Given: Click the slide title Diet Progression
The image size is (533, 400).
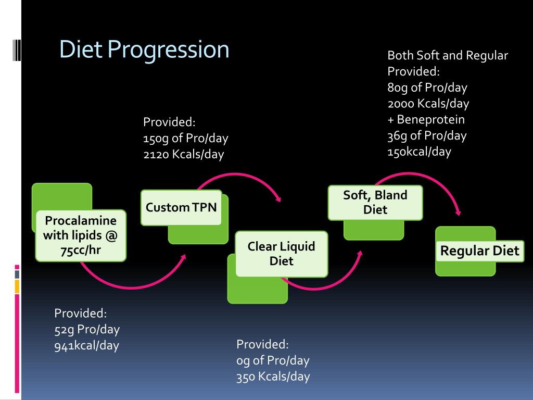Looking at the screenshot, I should click(x=144, y=50).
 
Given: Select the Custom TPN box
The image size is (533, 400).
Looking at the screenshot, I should click(x=181, y=207).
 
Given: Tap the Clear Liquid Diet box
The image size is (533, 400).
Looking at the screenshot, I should click(x=281, y=254).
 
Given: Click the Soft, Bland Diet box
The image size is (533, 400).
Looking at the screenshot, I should click(x=375, y=202).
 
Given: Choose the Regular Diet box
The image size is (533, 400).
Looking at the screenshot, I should click(x=479, y=251).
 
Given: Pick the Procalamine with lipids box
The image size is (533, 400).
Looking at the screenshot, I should click(x=80, y=235).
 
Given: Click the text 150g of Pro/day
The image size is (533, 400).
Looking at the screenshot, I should click(x=186, y=139).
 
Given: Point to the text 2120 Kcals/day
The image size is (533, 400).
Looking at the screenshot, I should click(x=183, y=155).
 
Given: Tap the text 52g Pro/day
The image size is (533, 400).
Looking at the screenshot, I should click(x=87, y=330).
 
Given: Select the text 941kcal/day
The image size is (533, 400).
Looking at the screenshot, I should click(x=86, y=346).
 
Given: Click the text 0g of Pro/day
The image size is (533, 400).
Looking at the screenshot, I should click(x=273, y=360).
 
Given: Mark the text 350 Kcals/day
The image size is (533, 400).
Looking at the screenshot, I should click(x=273, y=377).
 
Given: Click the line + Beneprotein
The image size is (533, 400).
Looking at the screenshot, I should click(x=426, y=119).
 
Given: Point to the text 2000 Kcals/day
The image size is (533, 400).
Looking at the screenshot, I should click(x=428, y=103).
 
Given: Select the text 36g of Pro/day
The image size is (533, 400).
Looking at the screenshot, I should click(x=427, y=135).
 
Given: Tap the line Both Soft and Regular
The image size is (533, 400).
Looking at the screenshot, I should click(x=448, y=55).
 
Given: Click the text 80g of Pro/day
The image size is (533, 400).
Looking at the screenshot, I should click(x=427, y=87).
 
